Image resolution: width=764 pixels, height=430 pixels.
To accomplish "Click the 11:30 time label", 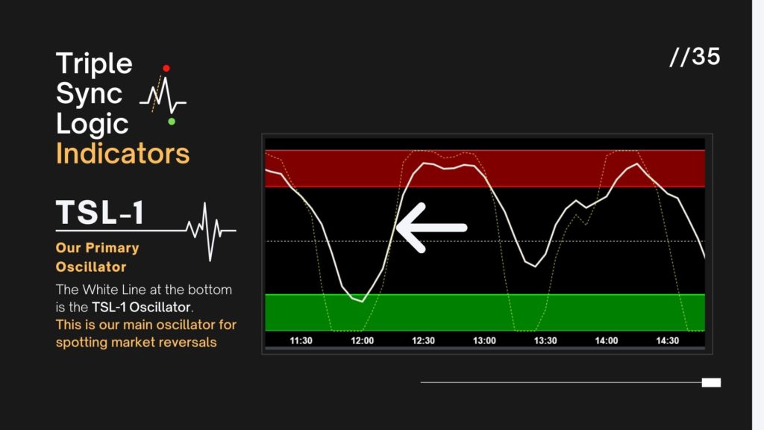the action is tap(301, 340).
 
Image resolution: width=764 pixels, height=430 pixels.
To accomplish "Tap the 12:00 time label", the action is tap(362, 340).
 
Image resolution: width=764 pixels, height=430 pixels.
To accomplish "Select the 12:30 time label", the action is tap(423, 340).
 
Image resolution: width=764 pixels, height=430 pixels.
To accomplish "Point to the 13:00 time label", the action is tap(484, 340).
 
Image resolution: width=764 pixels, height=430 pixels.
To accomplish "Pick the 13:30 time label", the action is tap(545, 340).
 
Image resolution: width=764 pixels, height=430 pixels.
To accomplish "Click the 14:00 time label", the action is tap(606, 340).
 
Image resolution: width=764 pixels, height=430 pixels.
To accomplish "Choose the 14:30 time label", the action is tap(667, 340).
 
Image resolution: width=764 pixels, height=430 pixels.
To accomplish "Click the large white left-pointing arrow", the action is tap(432, 228).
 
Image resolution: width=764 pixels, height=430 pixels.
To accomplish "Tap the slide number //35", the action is tap(695, 57).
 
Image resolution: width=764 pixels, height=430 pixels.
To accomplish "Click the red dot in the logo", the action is tap(166, 68).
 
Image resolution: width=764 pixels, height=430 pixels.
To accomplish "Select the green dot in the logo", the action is tap(172, 122).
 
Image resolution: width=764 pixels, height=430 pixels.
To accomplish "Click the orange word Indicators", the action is tap(122, 154).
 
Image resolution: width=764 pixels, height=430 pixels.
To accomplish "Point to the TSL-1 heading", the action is tap(101, 213).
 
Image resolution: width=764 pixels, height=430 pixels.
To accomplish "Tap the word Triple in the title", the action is tap(94, 64).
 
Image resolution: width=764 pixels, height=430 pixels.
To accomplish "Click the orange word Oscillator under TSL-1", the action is tap(91, 267).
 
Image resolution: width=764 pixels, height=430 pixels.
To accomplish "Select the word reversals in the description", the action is tap(188, 342).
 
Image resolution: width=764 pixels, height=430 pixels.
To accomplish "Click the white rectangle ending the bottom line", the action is tap(711, 383).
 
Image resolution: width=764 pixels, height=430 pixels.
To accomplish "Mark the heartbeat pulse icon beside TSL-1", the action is tap(210, 231).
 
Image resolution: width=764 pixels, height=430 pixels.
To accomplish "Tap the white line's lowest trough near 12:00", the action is tap(362, 302).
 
